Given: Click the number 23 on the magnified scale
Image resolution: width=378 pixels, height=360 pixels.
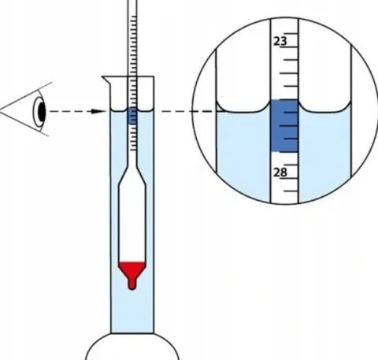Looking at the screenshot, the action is [x=280, y=42].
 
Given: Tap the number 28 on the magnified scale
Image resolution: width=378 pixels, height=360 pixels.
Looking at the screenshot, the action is [x=280, y=173].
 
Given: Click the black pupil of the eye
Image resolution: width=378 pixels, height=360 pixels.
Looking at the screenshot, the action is [x=42, y=111].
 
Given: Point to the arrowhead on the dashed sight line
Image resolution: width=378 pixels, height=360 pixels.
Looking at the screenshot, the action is [x=98, y=111].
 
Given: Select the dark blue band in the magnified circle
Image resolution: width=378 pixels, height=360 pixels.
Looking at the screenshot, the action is [x=284, y=125].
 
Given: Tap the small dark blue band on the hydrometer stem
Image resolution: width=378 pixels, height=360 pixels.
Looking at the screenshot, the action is [x=132, y=116].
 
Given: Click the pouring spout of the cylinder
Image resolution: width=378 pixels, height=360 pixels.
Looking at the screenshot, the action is [x=106, y=80].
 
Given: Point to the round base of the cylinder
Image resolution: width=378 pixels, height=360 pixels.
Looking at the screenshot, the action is [x=132, y=347].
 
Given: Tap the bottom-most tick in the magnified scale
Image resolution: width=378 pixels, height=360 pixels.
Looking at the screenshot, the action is [x=291, y=191].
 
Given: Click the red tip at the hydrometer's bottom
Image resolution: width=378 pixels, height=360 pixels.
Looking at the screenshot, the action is [x=132, y=285].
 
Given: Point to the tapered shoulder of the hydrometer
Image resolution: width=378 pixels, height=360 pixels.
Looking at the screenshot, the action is [x=132, y=175].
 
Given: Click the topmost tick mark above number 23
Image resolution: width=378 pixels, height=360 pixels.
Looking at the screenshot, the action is [x=291, y=33].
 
